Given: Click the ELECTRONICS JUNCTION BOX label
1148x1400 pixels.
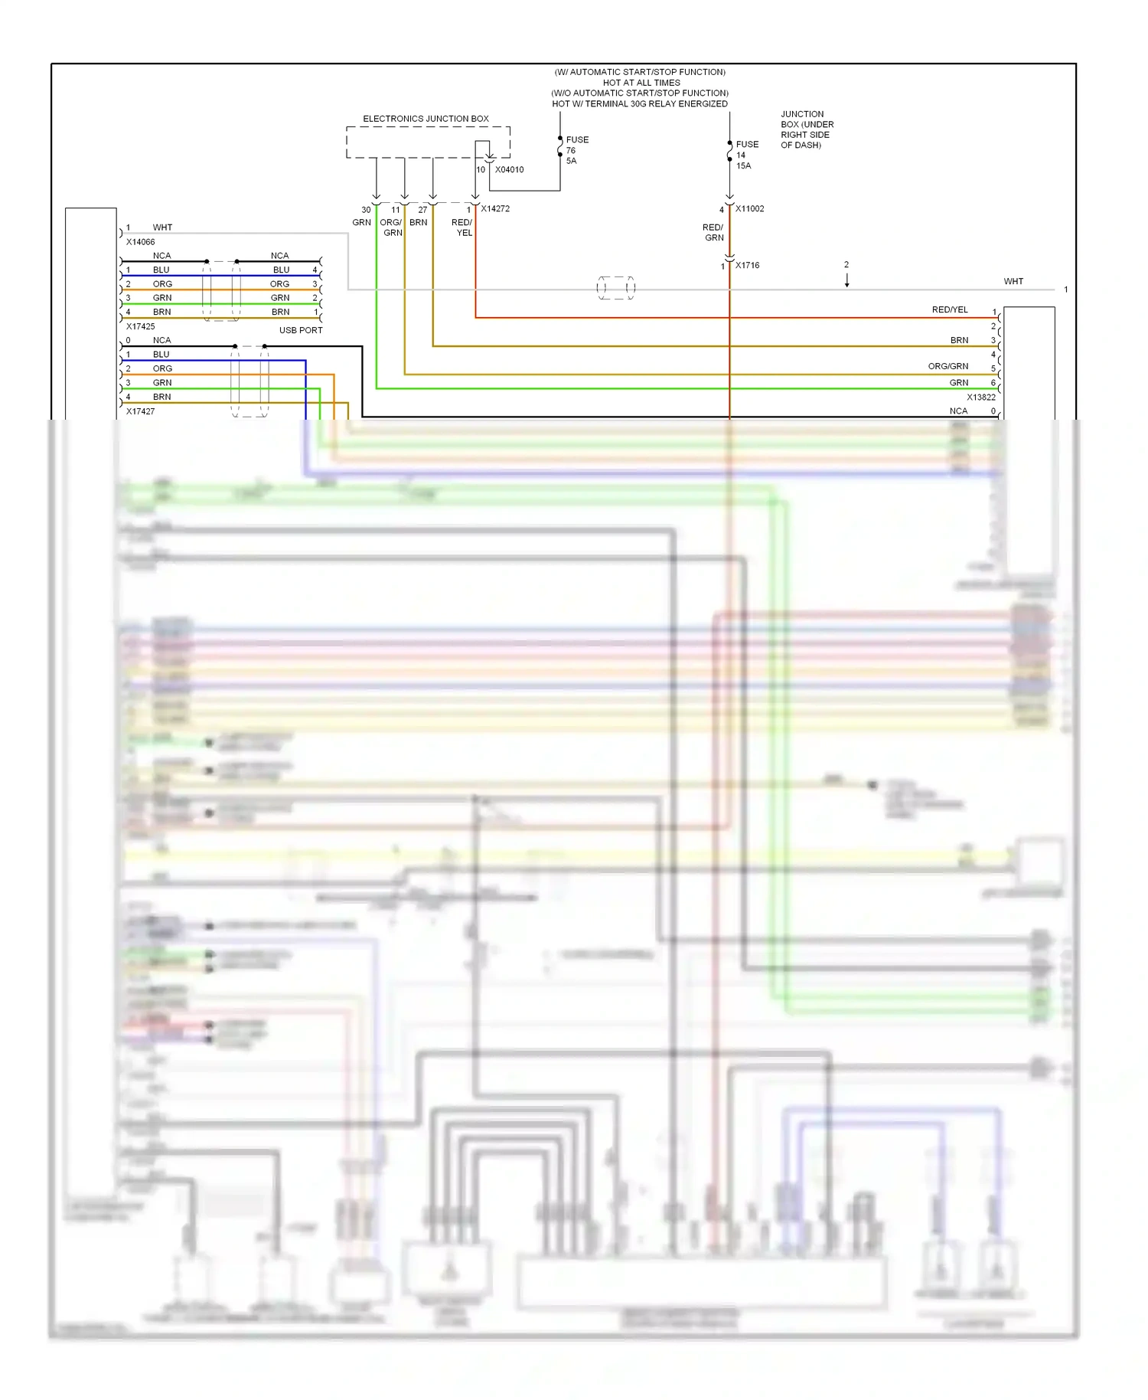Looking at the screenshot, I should point(426,119).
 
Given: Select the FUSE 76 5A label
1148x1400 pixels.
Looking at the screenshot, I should point(576,150).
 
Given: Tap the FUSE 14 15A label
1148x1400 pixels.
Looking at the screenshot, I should point(746,155).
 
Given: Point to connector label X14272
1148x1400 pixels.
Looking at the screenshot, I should point(495,208).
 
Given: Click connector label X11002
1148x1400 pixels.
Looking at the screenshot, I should point(749,208).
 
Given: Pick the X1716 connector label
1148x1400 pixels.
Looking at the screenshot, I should point(747,265).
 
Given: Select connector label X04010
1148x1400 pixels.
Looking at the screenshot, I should point(509,169).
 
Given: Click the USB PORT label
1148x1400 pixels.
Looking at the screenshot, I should point(301,330).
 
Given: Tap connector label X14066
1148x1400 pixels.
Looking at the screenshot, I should point(140,242).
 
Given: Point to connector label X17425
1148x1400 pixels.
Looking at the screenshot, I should point(140,326).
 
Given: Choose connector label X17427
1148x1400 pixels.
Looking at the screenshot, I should point(140,411).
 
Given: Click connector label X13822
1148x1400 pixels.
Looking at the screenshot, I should point(980,397).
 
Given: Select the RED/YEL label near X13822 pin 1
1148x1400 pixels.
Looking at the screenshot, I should point(949,309).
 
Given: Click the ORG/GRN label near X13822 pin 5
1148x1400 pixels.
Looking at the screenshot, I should point(947,366).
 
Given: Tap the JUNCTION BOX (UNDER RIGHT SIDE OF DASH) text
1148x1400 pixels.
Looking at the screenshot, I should point(806,129).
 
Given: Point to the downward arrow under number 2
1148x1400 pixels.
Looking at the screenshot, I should point(846,281).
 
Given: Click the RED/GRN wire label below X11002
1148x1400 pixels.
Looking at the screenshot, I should point(713,232).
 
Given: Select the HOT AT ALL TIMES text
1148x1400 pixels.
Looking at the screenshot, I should point(641,83).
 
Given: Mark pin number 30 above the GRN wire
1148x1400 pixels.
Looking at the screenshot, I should point(366,210).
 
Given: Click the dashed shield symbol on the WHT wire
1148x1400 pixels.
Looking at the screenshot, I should point(615,288).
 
